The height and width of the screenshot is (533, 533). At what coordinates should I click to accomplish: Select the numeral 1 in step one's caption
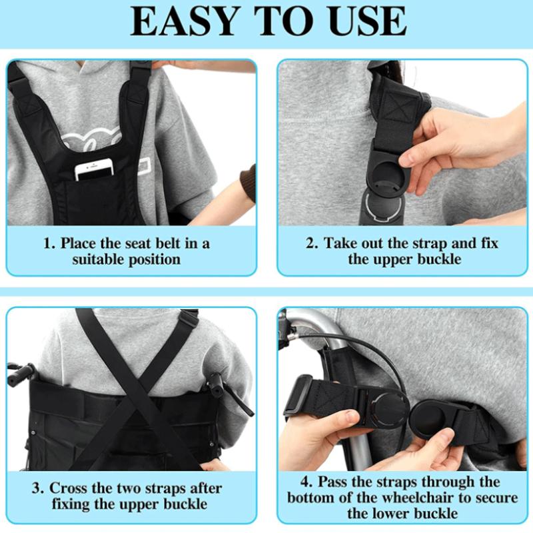[x=48, y=243]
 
